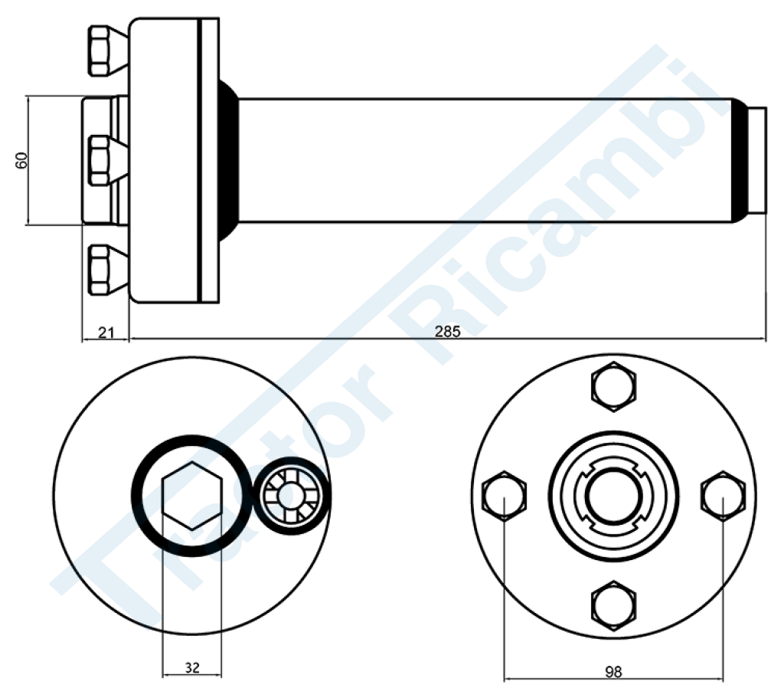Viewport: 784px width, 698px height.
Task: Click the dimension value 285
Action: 447,331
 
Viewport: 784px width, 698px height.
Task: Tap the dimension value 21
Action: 106,333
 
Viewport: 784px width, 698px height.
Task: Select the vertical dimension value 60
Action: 21,160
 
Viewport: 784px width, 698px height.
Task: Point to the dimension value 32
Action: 192,667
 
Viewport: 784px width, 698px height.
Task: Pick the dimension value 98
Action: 613,671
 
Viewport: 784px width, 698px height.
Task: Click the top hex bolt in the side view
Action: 107,51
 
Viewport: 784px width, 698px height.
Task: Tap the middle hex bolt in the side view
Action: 107,160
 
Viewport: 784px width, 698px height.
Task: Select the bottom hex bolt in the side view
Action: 107,269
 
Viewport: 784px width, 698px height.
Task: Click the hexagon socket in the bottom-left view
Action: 192,496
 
